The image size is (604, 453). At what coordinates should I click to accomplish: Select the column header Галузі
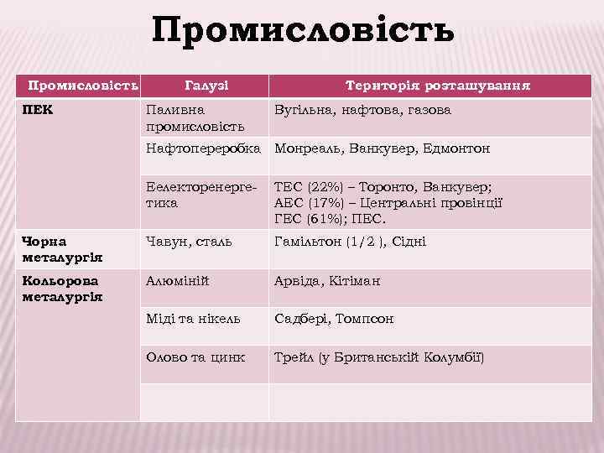[206, 86]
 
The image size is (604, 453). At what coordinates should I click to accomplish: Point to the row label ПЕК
[38, 111]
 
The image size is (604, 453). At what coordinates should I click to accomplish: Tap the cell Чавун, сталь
[189, 242]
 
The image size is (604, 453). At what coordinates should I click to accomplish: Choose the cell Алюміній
[177, 281]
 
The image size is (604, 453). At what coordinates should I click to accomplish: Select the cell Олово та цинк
[195, 357]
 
